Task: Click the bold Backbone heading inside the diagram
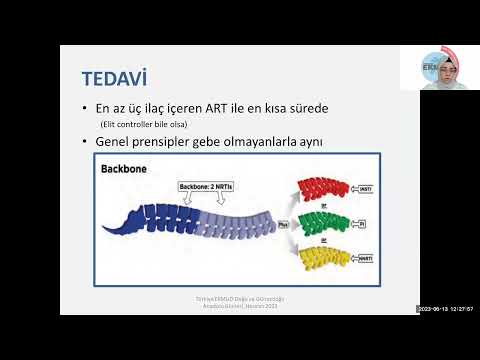(x=122, y=169)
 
